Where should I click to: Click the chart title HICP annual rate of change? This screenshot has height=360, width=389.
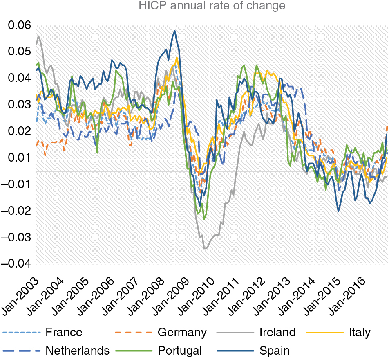click(211, 6)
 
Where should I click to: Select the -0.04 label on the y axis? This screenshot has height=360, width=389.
click(16, 264)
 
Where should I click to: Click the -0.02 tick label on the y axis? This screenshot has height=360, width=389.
click(16, 211)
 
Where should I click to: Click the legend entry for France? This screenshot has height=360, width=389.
click(64, 332)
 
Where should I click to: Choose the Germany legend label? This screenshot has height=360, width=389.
click(182, 332)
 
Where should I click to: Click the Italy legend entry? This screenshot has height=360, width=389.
click(360, 332)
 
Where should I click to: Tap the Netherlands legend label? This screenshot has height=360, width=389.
click(78, 351)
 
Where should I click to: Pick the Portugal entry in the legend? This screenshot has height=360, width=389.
click(180, 351)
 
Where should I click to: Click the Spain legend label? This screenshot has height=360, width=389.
click(274, 351)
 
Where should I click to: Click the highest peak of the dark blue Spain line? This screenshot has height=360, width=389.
click(175, 31)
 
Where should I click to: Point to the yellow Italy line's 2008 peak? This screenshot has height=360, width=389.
click(177, 57)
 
